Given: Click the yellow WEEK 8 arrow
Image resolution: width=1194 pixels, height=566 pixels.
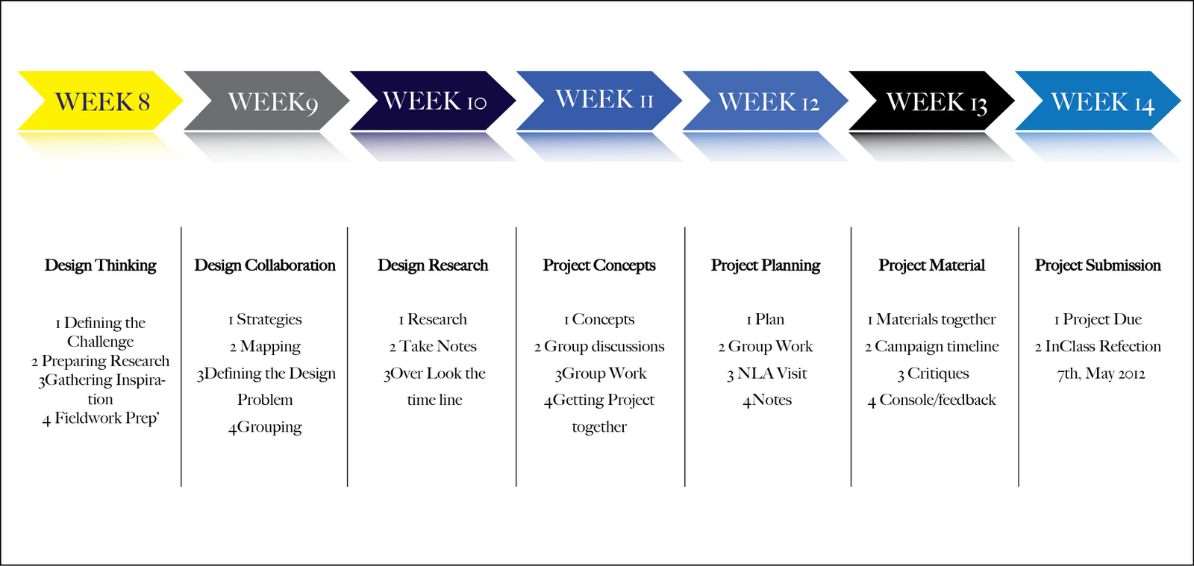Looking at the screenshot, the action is pos(101,101).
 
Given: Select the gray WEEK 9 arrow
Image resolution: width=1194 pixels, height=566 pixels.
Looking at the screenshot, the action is pos(267,101).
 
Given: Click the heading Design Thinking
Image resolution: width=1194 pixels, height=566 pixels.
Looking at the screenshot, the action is pos(101,265).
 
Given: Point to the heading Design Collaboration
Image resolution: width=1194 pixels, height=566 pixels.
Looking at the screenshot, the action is pos(265,265).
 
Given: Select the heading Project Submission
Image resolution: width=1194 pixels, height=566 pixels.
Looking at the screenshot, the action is pos(1098,265).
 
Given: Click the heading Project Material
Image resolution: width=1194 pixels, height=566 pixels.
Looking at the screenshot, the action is pos(931,265).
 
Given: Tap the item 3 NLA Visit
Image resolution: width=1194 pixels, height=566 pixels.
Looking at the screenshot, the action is pos(767,374).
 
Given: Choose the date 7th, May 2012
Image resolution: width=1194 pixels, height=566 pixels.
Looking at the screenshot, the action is pos(1101,374).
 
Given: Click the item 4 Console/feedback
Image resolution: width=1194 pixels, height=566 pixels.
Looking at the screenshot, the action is pos(931,400).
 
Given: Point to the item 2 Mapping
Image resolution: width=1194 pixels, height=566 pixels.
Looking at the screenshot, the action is pos(265,347).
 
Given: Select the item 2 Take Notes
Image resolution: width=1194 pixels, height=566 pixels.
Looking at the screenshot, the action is pos(433,347).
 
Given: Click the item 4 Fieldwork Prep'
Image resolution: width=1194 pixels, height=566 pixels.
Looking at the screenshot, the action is pos(101,418).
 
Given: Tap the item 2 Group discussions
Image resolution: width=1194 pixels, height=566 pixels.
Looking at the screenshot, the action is pos(599,347).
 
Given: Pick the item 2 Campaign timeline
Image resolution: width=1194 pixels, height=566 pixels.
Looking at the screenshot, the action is pos(931,347).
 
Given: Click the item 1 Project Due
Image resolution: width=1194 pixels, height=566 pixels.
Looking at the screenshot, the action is pos(1098,320).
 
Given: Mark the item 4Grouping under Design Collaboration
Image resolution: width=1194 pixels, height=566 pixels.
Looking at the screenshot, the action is pos(265,427).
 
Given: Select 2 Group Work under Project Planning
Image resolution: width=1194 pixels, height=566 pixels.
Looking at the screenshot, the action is pos(766,347).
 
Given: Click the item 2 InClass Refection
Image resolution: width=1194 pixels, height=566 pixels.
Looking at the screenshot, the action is pos(1098,347).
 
